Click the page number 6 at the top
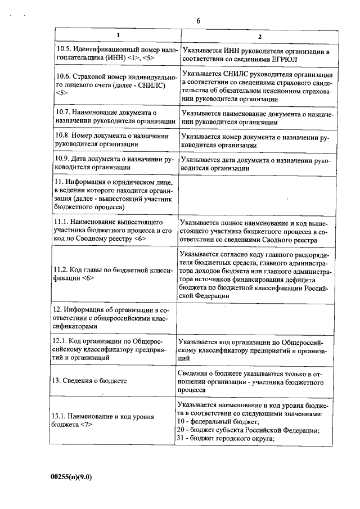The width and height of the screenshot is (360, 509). click(x=199, y=21)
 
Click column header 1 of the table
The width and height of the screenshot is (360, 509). click(x=118, y=36)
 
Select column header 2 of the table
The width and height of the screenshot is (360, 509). click(x=259, y=37)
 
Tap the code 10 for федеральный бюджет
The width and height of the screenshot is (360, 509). click(x=181, y=421)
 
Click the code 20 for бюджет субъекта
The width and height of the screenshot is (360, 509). click(x=181, y=430)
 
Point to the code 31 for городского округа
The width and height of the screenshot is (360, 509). click(x=181, y=439)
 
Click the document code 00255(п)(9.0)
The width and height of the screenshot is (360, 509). click(x=71, y=478)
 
